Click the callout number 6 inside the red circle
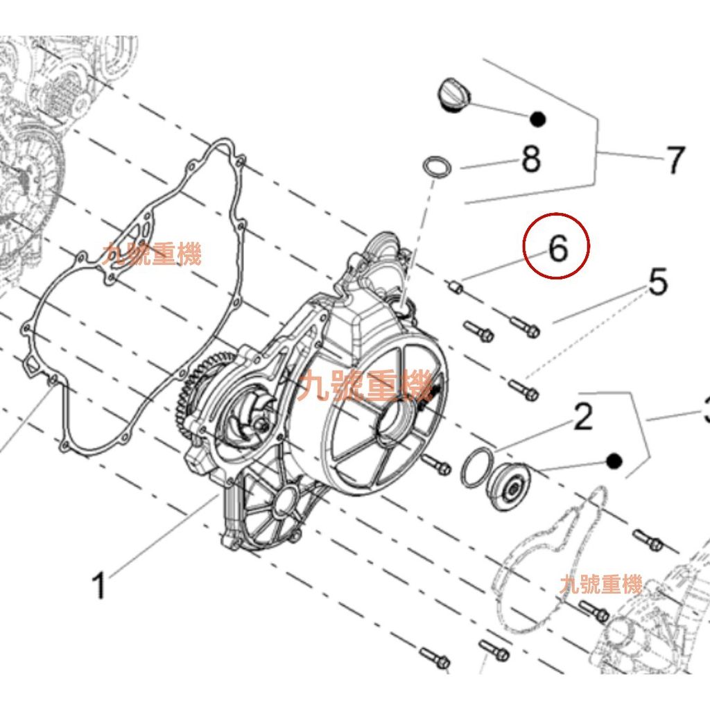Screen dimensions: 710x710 [558, 248]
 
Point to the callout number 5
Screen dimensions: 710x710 [657, 283]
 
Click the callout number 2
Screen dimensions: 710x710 [582, 417]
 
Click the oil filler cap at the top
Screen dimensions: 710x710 [453, 94]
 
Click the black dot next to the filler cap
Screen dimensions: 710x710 [537, 119]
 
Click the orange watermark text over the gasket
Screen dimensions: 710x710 [152, 254]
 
